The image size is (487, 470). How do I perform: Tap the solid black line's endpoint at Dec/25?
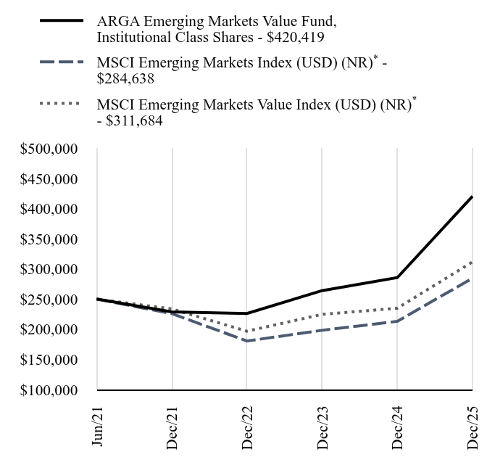(473, 197)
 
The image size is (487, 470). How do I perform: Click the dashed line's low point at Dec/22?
(247, 341)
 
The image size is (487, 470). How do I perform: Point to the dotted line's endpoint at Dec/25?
(473, 262)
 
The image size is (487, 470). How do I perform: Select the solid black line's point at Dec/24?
(397, 277)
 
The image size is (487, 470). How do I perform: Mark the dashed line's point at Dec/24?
(397, 321)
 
